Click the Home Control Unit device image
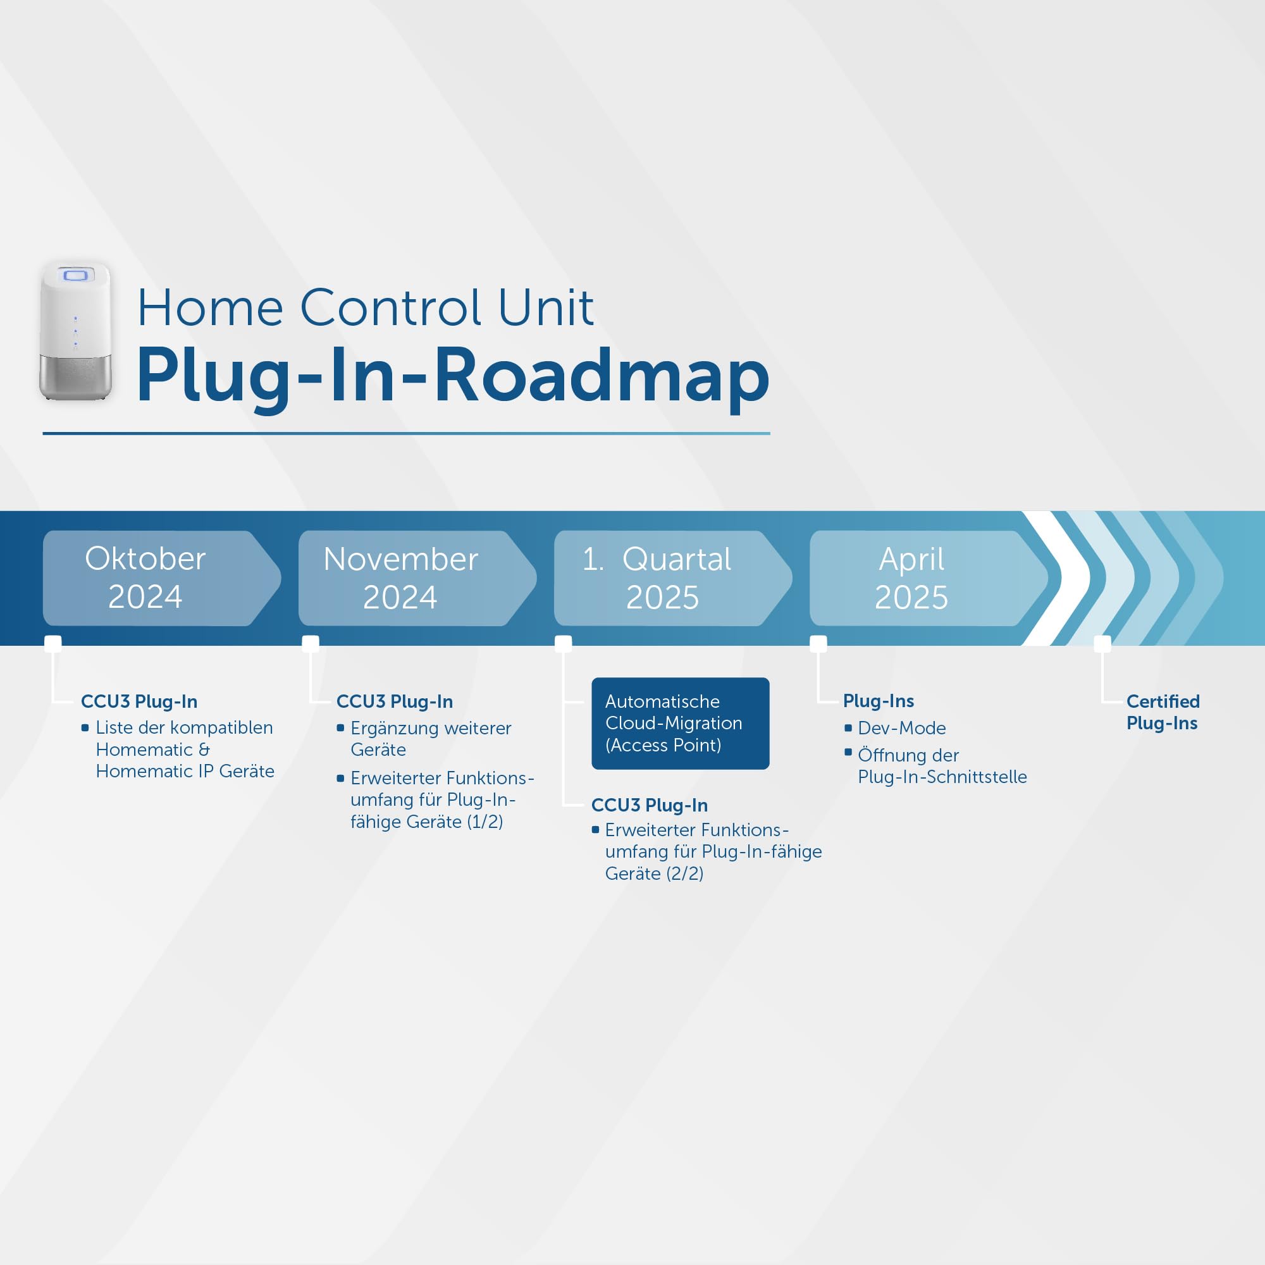coord(75,331)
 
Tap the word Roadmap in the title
coord(602,377)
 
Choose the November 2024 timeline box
coord(417,578)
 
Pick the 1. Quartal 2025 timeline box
coord(672,578)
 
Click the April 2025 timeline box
coord(929,578)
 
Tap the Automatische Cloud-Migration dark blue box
coord(681,724)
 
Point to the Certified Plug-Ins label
coord(1163,712)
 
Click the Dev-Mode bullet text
coord(901,728)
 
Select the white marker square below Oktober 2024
coord(53,644)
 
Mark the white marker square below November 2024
coord(311,644)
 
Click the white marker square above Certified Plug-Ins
coord(1102,644)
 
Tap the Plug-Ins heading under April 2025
coord(878,701)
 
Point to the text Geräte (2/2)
coord(654,873)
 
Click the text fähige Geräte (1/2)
coord(426,822)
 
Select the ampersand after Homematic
coord(204,750)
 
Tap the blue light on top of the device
coord(75,275)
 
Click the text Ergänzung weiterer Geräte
coord(431,739)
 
